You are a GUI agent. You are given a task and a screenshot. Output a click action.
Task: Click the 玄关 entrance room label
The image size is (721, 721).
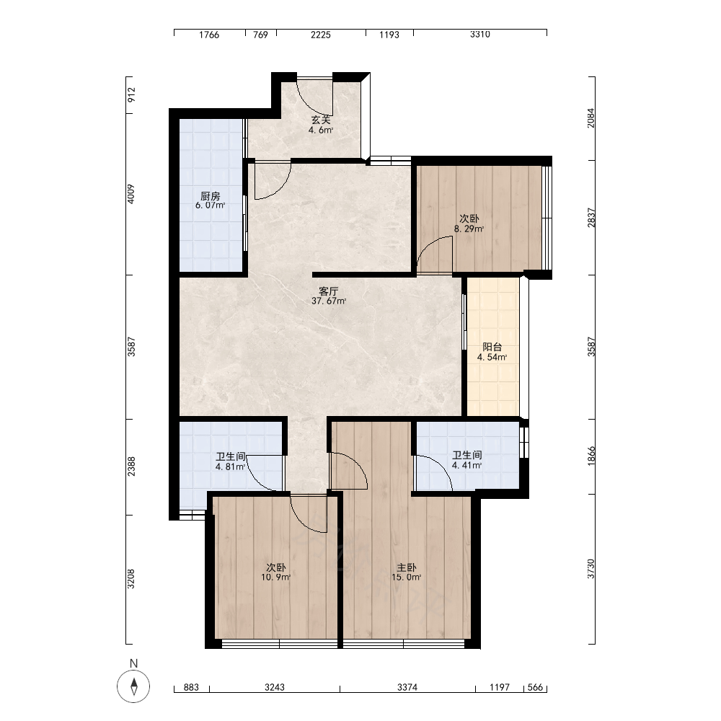[321, 120]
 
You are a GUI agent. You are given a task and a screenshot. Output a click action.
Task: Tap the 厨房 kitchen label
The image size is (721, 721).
[210, 196]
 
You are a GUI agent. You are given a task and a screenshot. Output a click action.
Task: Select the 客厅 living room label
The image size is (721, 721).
[329, 291]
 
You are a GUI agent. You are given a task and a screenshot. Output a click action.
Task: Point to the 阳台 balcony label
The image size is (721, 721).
[492, 348]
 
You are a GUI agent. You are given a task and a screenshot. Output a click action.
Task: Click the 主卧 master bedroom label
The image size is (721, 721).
[407, 567]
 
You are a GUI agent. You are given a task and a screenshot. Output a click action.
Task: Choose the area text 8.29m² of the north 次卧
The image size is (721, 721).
[469, 229]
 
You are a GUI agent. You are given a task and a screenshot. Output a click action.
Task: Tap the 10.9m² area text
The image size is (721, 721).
[275, 577]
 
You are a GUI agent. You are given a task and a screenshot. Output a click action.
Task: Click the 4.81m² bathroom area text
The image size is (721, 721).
[230, 466]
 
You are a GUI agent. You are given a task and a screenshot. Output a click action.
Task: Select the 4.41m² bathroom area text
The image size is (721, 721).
[466, 465]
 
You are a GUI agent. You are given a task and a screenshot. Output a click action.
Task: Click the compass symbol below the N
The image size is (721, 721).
[133, 686]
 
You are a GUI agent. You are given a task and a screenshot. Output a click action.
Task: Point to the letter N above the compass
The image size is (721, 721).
[134, 663]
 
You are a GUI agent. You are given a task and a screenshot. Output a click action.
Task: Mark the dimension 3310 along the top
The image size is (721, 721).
[479, 35]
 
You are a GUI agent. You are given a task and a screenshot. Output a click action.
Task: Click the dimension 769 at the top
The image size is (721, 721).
[260, 35]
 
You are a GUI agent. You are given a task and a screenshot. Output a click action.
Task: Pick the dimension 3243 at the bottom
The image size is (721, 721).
[275, 687]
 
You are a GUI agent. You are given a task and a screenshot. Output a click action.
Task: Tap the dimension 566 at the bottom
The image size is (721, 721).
[535, 687]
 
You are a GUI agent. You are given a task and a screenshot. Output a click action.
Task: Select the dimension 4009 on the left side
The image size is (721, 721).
[131, 194]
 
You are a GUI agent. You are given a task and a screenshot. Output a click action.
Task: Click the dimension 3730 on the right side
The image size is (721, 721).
[591, 569]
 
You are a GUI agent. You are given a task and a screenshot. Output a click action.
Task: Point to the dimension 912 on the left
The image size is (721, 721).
[131, 94]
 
